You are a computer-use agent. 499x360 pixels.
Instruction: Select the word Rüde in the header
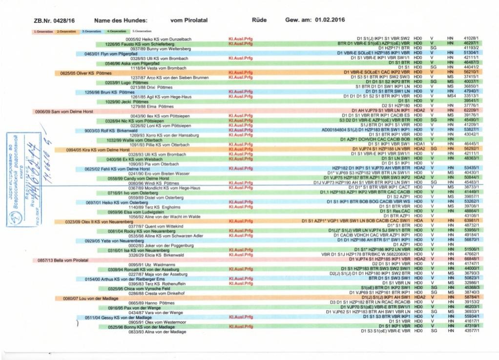pyautogui.click(x=258, y=21)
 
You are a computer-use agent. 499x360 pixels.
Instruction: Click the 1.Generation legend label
pyautogui.click(x=43, y=32)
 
